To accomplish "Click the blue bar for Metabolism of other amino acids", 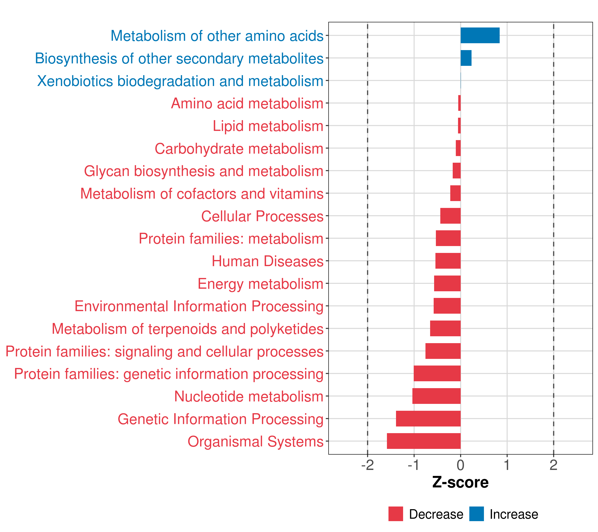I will pyautogui.click(x=480, y=35).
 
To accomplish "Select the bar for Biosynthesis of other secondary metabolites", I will pyautogui.click(x=466, y=58).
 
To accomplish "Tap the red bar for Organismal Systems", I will pyautogui.click(x=424, y=441).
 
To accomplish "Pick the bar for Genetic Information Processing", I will pyautogui.click(x=428, y=419).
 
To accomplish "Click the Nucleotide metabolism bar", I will pyautogui.click(x=436, y=396).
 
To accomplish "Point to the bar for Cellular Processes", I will pyautogui.click(x=450, y=216).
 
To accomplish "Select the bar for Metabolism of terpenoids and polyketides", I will pyautogui.click(x=445, y=328).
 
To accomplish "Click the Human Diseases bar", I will pyautogui.click(x=448, y=261).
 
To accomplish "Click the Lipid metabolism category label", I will pyautogui.click(x=268, y=126).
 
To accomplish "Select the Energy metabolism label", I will pyautogui.click(x=260, y=284).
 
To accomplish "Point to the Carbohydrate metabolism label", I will pyautogui.click(x=239, y=149).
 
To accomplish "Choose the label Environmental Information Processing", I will pyautogui.click(x=199, y=306).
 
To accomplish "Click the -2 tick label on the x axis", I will pyautogui.click(x=367, y=465).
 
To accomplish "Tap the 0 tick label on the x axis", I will pyautogui.click(x=460, y=465).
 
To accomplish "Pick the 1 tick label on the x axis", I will pyautogui.click(x=507, y=465).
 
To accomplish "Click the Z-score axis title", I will pyautogui.click(x=460, y=483).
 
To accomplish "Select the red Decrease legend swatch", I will pyautogui.click(x=396, y=514).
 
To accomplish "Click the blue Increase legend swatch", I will pyautogui.click(x=476, y=514).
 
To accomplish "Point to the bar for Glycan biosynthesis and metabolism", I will pyautogui.click(x=456, y=171).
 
